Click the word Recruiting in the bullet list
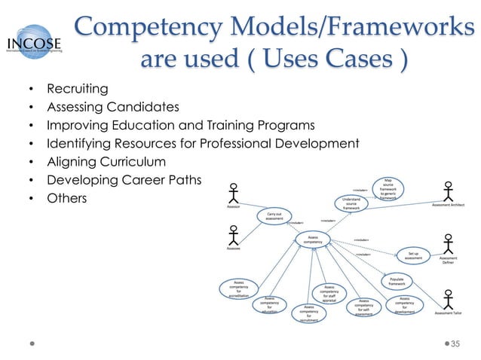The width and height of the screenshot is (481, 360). coord(77,90)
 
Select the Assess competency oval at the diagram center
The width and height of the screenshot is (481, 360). coord(313,239)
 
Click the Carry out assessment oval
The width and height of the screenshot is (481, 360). coord(274,217)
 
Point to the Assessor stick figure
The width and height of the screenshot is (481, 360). coord(234,192)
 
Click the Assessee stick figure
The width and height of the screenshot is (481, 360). coord(234,235)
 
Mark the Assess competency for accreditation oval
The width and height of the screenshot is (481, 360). coord(239,288)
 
